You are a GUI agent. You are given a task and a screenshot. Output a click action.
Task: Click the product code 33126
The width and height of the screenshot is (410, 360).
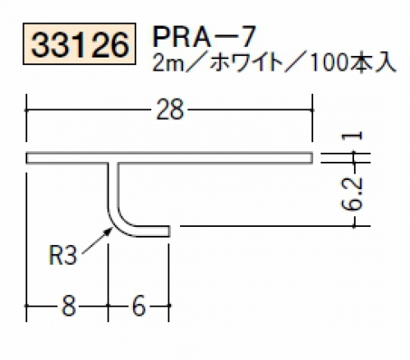[80, 44]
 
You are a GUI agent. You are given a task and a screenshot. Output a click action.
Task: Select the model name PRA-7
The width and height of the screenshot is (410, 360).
[205, 36]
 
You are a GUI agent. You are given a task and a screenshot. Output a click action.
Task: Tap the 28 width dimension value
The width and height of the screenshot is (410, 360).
[169, 110]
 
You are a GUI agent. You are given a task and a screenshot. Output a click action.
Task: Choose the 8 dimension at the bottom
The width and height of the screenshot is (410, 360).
[68, 306]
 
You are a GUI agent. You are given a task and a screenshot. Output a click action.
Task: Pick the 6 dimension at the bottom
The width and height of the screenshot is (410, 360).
[139, 306]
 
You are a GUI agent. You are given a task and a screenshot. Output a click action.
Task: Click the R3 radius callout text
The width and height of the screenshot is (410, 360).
[62, 256]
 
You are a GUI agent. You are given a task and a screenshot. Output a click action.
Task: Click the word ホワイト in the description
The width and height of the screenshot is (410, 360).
[247, 64]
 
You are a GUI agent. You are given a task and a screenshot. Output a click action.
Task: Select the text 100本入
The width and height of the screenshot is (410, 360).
[352, 64]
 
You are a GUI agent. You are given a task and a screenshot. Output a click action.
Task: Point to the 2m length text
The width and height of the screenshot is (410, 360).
[166, 64]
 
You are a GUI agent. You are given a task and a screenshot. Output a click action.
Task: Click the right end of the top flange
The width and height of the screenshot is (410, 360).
[312, 158]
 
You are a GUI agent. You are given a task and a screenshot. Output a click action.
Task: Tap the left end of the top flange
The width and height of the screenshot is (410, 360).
[27, 158]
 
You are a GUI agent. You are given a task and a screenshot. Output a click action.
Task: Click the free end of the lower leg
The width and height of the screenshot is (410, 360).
[169, 231]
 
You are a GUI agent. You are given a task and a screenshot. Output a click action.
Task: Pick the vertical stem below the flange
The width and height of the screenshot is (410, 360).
[113, 187]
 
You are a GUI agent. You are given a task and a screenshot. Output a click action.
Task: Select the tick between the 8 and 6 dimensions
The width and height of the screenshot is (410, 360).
[108, 305]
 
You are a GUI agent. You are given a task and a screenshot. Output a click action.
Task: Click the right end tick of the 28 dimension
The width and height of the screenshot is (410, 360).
[312, 110]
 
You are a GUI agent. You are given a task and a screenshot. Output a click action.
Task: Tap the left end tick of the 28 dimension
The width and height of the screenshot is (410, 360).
[26, 110]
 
